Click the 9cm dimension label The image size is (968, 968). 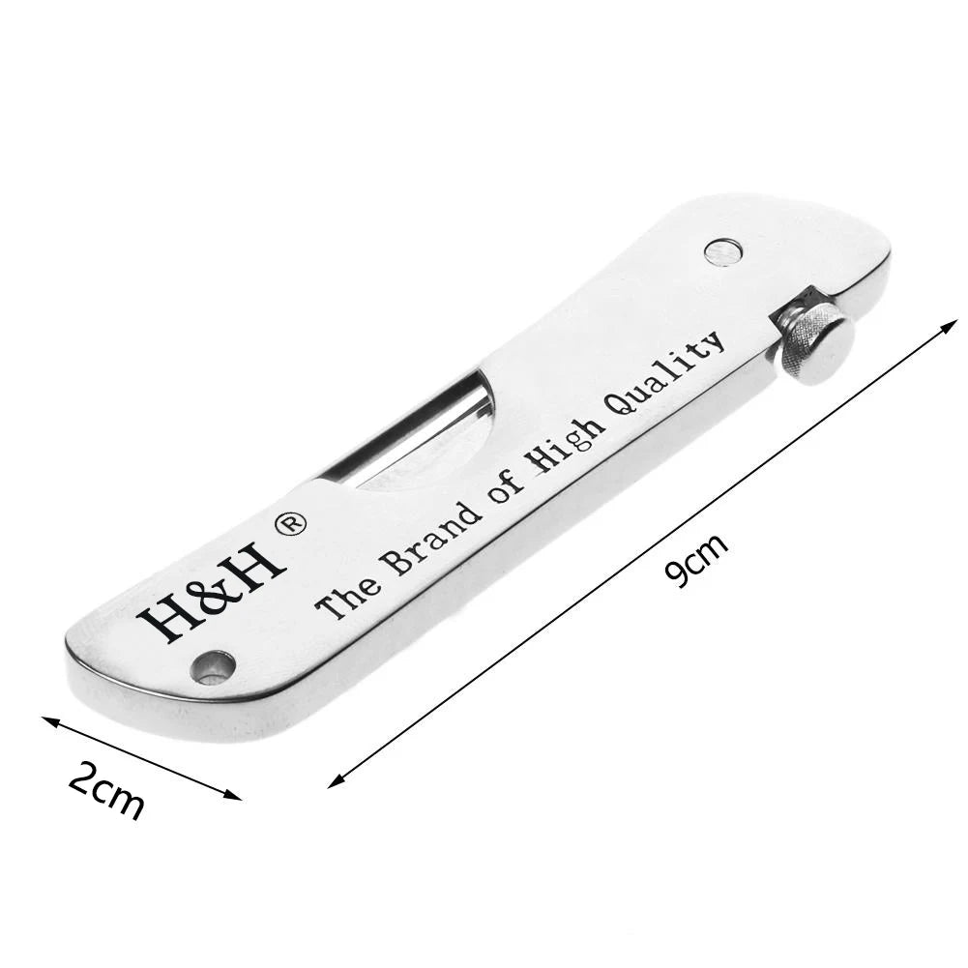(695, 561)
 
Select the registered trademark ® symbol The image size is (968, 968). (289, 525)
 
